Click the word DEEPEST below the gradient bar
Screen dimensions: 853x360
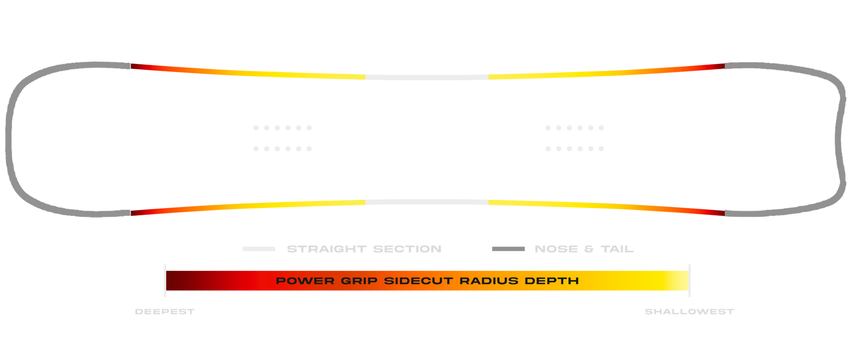pyautogui.click(x=165, y=311)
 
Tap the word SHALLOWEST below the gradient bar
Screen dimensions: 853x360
pyautogui.click(x=689, y=311)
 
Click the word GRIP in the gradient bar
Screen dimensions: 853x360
pyautogui.click(x=359, y=281)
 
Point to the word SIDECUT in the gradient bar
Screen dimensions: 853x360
pyautogui.click(x=419, y=281)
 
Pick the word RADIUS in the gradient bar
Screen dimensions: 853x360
pyautogui.click(x=489, y=281)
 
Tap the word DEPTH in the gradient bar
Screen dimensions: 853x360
pyautogui.click(x=552, y=281)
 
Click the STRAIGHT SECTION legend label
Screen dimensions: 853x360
pyautogui.click(x=364, y=249)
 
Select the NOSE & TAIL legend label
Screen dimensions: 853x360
pyautogui.click(x=584, y=249)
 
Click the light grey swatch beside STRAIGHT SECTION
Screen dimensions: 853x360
pyautogui.click(x=259, y=249)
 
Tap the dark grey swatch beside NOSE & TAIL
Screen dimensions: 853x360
pyautogui.click(x=508, y=249)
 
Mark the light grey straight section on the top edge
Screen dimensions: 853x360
pyautogui.click(x=426, y=78)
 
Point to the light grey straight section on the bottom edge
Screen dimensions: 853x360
pyautogui.click(x=426, y=202)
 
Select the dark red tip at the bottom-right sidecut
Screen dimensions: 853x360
pyautogui.click(x=718, y=213)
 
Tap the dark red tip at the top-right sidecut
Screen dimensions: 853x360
pyautogui.click(x=718, y=67)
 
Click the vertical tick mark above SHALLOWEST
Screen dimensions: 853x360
pyautogui.click(x=689, y=281)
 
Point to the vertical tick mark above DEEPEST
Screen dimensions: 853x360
pyautogui.click(x=165, y=281)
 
